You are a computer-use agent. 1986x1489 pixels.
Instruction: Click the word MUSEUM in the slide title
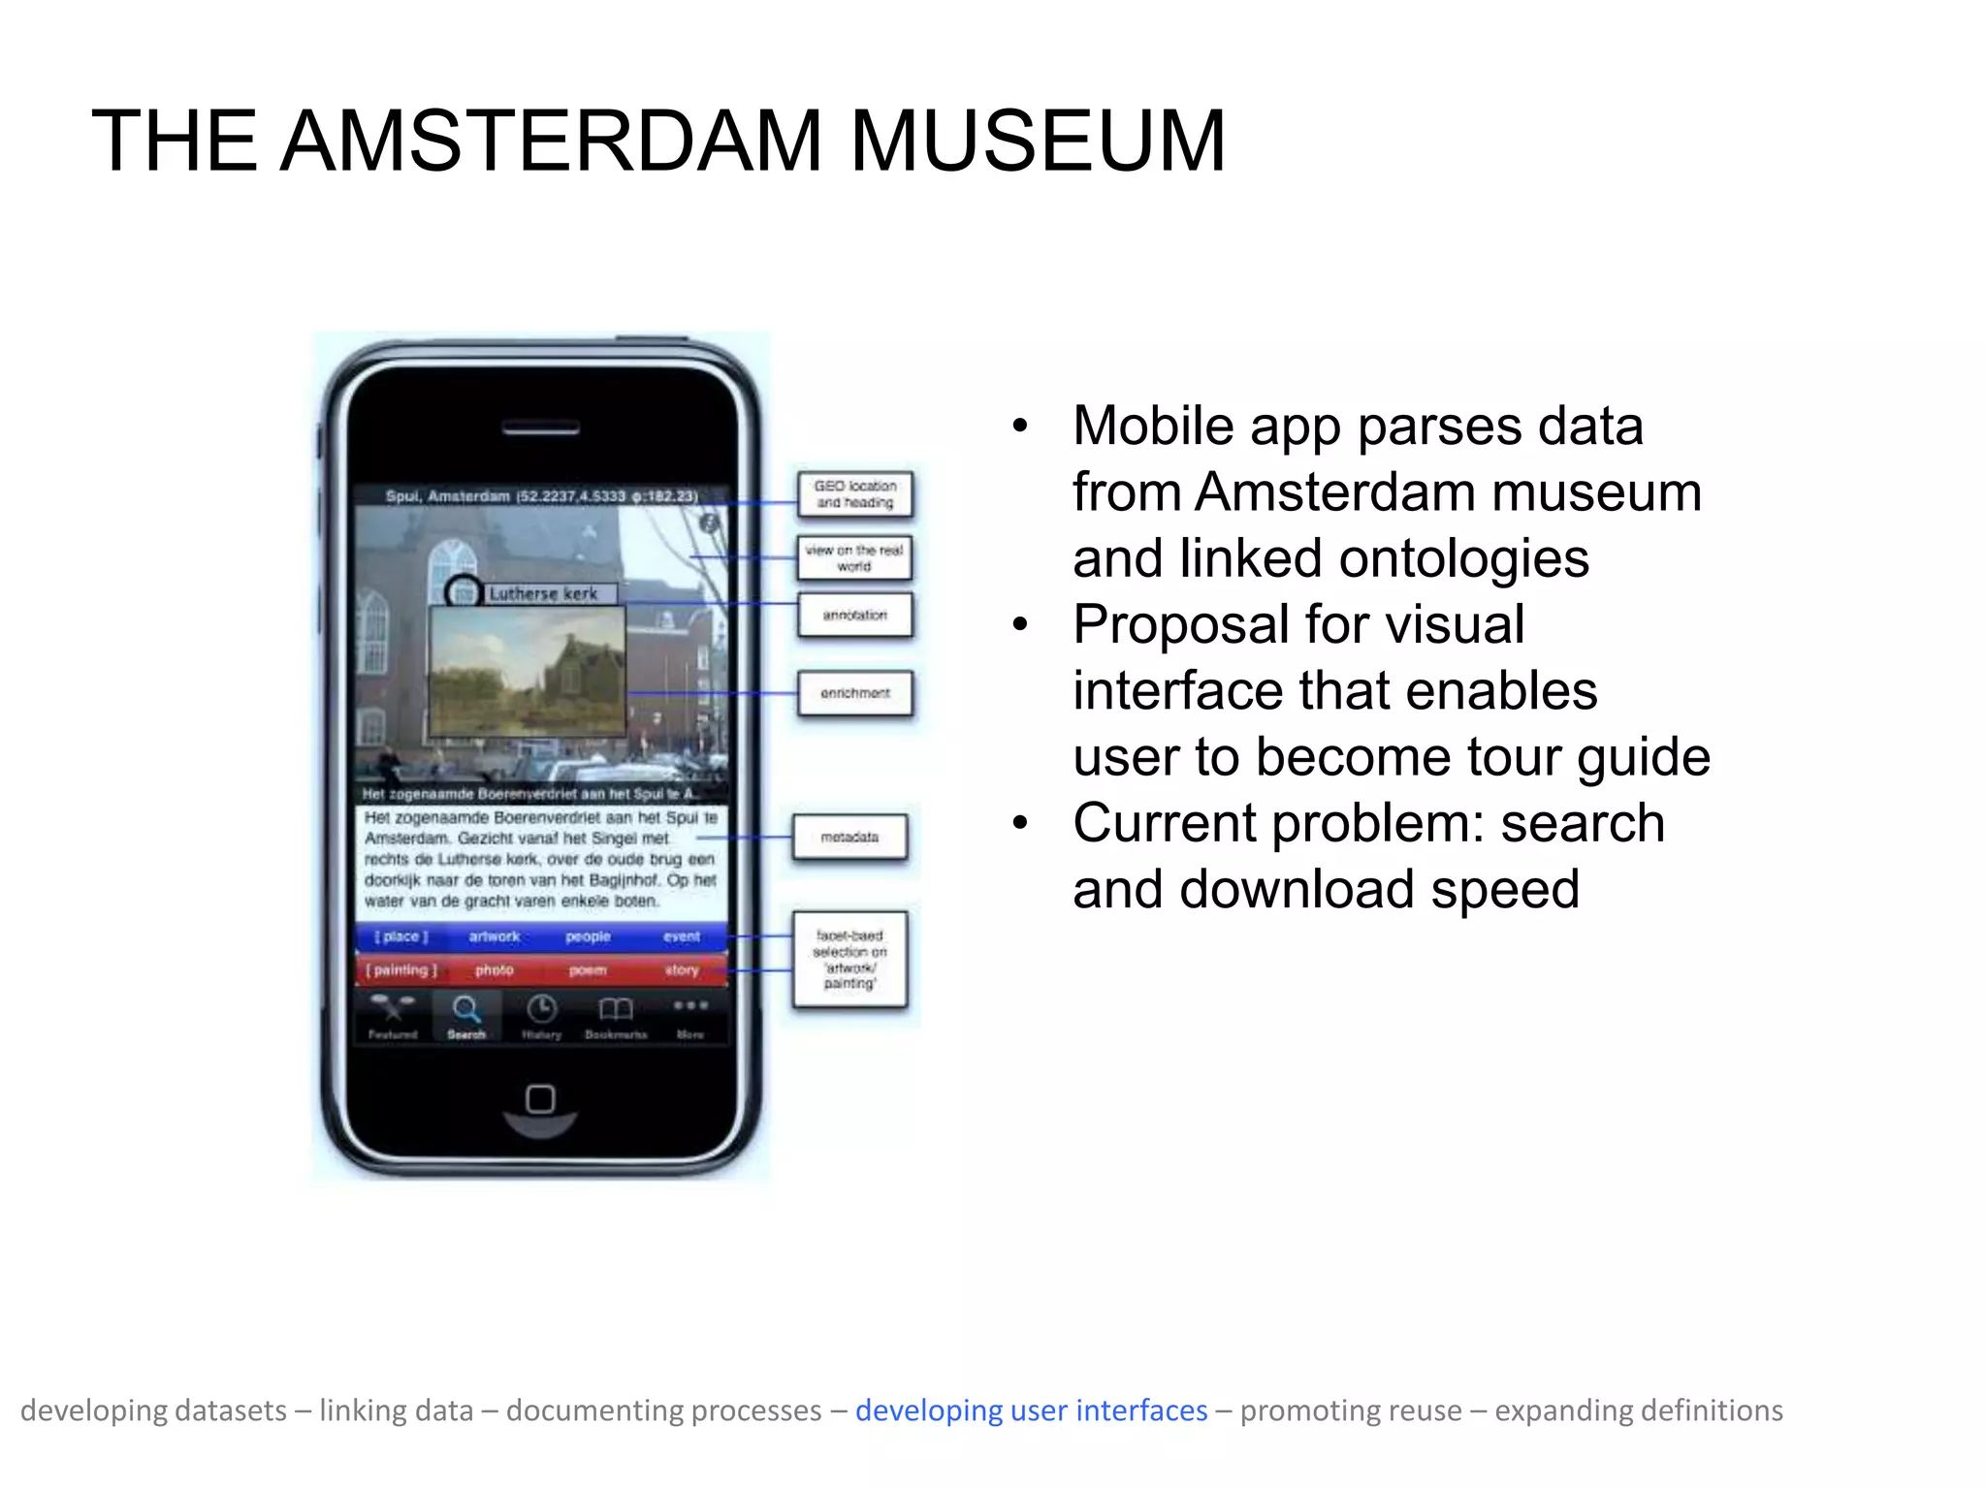click(1038, 142)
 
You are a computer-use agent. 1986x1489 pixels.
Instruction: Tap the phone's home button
click(540, 1099)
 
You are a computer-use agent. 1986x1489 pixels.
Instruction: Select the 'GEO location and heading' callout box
click(854, 494)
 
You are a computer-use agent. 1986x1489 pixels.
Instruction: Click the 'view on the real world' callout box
click(854, 557)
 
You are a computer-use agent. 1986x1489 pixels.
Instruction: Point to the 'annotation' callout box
click(854, 615)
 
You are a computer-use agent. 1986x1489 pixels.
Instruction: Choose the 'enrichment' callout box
click(854, 693)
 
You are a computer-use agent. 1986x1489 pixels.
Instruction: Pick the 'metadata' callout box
click(849, 837)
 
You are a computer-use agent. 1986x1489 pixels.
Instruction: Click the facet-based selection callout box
click(849, 959)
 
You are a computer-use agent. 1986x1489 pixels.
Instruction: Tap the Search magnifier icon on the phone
click(466, 1010)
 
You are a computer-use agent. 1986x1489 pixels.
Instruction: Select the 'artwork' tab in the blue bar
click(495, 936)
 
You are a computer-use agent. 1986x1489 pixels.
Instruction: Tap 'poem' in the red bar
click(588, 970)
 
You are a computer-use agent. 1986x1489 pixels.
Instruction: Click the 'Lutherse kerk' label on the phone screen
click(543, 593)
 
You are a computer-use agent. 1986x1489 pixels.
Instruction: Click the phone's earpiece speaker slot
click(540, 428)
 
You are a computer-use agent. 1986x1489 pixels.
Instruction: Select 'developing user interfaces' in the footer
click(1031, 1410)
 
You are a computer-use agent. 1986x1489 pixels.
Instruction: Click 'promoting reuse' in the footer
click(1351, 1410)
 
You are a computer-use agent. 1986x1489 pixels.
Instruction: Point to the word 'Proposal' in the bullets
click(1194, 624)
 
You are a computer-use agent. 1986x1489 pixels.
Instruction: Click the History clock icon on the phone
click(541, 1010)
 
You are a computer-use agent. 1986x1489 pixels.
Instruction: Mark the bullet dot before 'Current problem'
click(1019, 824)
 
